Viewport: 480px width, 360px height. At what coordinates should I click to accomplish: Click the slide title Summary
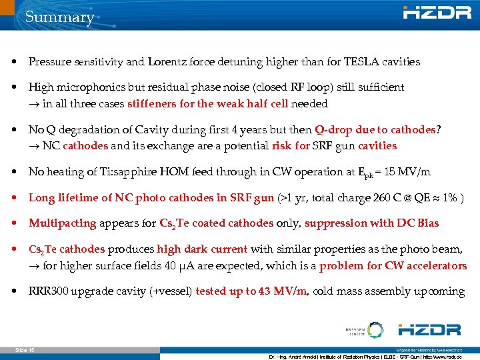pos(59,17)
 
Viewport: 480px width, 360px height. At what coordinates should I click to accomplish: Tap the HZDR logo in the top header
pos(433,13)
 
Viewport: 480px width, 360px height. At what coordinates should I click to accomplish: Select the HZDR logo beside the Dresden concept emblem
pos(429,329)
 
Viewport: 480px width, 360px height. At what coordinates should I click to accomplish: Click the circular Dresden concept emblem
pos(375,330)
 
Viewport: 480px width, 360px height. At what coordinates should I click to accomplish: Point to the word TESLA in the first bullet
pos(361,62)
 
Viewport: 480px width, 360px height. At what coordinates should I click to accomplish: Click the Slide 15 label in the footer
pos(25,350)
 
